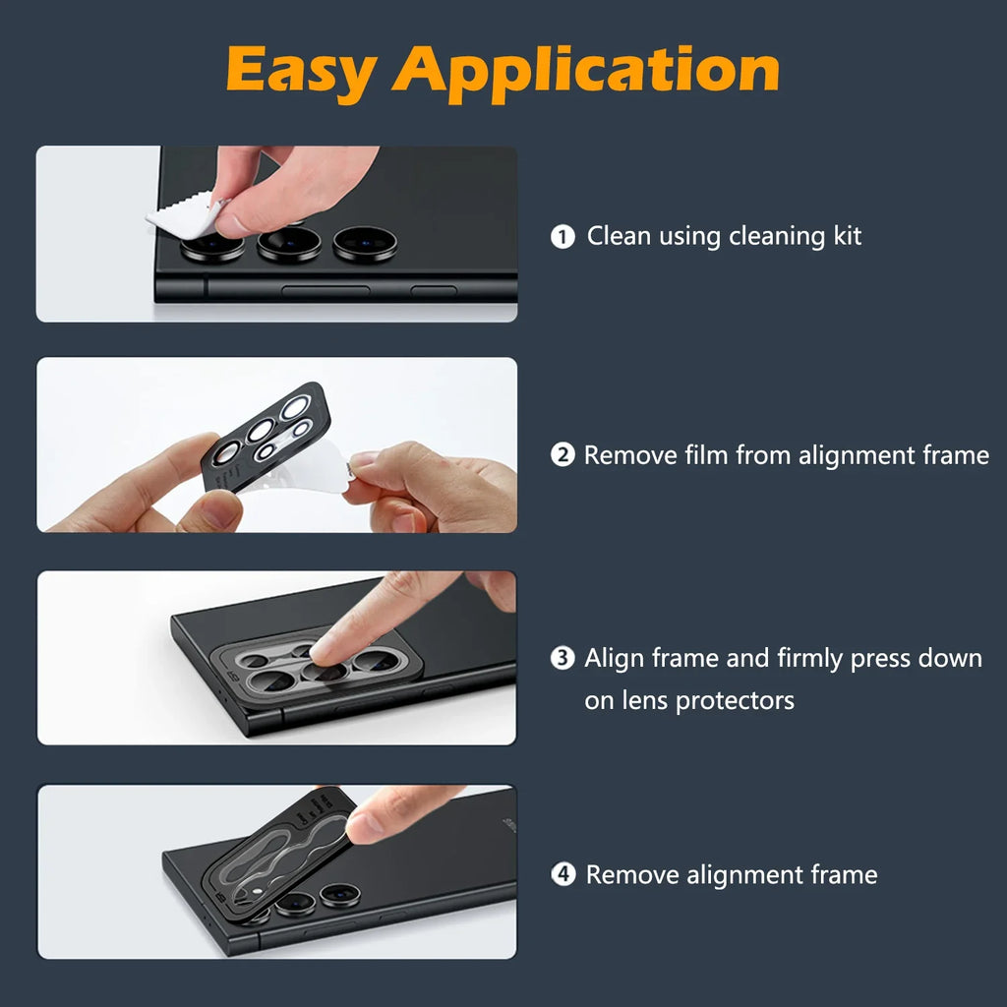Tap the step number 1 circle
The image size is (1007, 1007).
[x=563, y=237]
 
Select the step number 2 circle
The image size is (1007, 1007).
[x=563, y=455]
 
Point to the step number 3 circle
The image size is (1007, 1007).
[x=563, y=658]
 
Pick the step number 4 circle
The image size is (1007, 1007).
[x=563, y=874]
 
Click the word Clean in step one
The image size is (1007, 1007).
[x=619, y=236]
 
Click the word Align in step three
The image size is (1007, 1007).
[x=617, y=658]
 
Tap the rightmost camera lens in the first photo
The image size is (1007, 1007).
[x=365, y=243]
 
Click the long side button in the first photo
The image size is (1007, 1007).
[x=326, y=291]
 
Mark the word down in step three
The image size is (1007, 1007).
[x=950, y=658]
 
